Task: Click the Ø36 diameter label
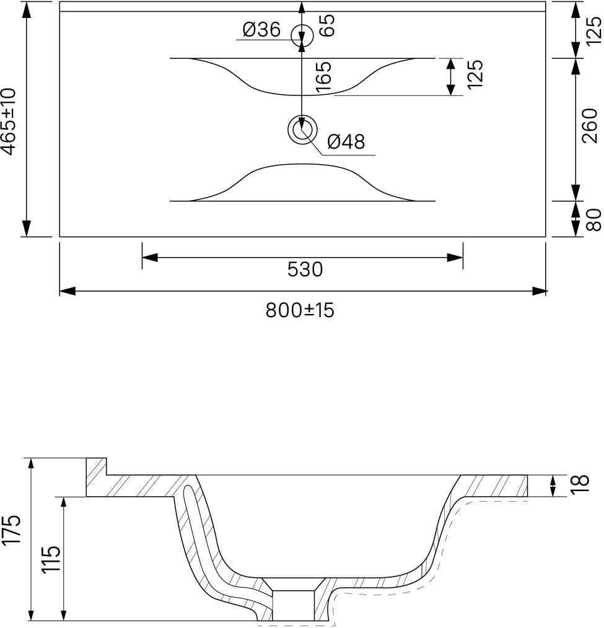click(x=261, y=30)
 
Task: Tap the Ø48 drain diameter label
click(x=346, y=141)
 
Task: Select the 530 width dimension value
click(x=305, y=269)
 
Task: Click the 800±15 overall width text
click(x=300, y=310)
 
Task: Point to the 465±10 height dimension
click(x=9, y=121)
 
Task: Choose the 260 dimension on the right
click(x=590, y=125)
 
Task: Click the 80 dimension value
click(x=593, y=220)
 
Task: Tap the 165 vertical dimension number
click(x=323, y=77)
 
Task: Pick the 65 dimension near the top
click(x=327, y=25)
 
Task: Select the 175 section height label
click(x=11, y=529)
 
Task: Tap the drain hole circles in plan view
click(x=302, y=129)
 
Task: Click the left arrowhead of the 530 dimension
click(x=150, y=257)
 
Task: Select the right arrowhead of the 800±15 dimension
click(x=538, y=291)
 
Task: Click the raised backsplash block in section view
click(x=96, y=477)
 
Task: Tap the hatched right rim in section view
click(x=494, y=486)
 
